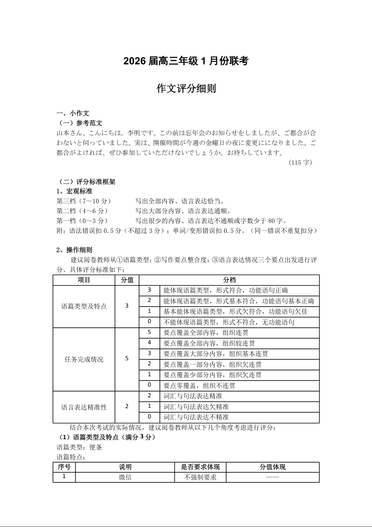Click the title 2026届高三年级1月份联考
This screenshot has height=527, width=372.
[x=186, y=61]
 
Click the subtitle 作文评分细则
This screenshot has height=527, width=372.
[x=186, y=89]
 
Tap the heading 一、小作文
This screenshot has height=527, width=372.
[x=69, y=113]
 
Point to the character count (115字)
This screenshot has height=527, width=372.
[x=300, y=163]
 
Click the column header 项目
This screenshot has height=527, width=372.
[x=84, y=280]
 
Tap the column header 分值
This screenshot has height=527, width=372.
[x=127, y=280]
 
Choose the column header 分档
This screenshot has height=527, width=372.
[x=229, y=280]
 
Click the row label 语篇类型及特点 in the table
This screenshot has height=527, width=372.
[x=84, y=306]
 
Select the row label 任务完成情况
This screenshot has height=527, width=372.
[x=84, y=359]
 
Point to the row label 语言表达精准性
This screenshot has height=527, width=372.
[x=84, y=407]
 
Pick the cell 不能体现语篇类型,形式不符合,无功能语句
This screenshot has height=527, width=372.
[x=228, y=322]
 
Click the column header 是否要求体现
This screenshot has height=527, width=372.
[x=200, y=467]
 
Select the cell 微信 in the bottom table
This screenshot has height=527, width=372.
[x=125, y=477]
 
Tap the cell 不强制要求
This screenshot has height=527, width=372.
[x=200, y=477]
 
